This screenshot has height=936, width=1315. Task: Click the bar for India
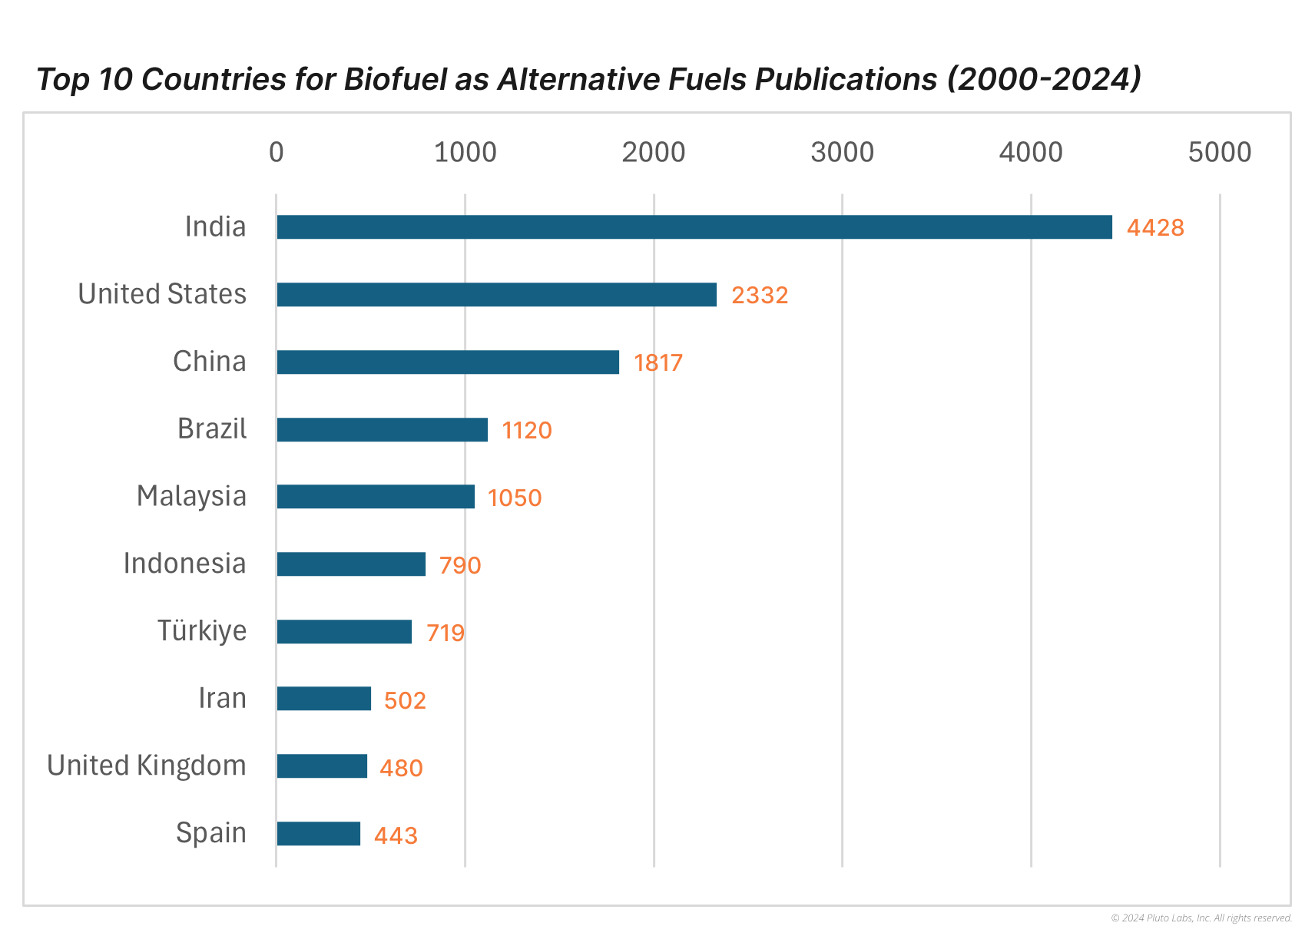(x=694, y=227)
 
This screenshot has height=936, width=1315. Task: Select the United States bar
(x=496, y=295)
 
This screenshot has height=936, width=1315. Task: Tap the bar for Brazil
(x=382, y=430)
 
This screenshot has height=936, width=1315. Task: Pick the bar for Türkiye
(x=344, y=632)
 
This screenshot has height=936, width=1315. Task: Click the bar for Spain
(x=318, y=834)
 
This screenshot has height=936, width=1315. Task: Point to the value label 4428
(x=1154, y=228)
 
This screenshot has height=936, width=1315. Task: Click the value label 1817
(x=657, y=363)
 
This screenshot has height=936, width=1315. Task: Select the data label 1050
(x=514, y=498)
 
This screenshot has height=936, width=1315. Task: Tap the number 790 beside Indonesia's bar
(x=459, y=566)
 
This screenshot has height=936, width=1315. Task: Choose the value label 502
(x=404, y=701)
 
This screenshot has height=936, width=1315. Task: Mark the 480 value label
(x=401, y=768)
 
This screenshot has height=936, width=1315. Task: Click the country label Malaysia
(x=191, y=497)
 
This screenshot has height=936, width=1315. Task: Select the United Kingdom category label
(x=146, y=766)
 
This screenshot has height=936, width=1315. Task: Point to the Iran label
(x=222, y=699)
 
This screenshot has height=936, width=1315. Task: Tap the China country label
(x=209, y=362)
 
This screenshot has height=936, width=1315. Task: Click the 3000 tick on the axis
(x=842, y=153)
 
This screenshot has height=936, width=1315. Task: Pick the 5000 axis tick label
(x=1219, y=153)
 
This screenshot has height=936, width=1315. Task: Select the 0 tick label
(x=277, y=153)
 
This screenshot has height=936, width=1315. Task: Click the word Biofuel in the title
(x=394, y=80)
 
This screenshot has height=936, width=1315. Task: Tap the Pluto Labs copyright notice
(x=1201, y=918)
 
